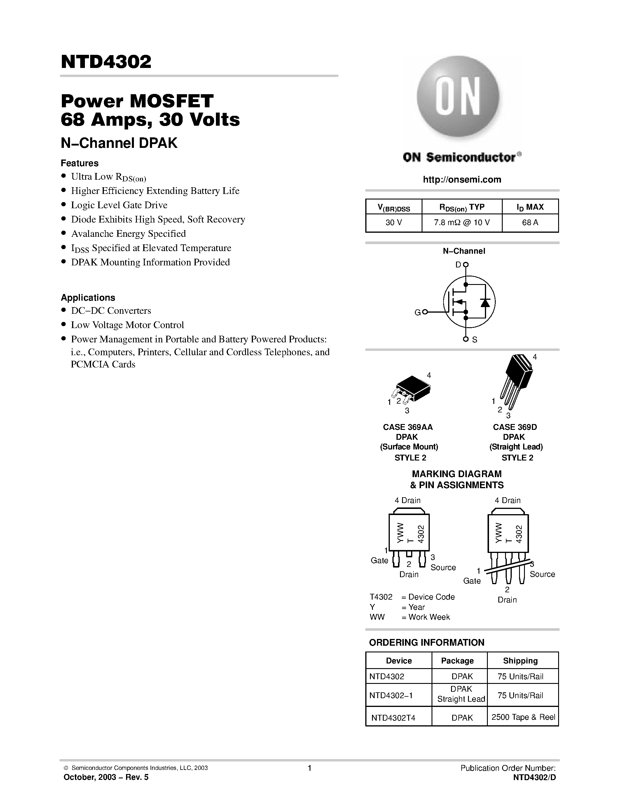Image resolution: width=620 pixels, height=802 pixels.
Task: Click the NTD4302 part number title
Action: pos(106,62)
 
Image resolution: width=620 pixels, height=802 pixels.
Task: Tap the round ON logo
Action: pos(458,97)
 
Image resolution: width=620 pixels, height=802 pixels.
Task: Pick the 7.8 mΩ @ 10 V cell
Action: pos(462,223)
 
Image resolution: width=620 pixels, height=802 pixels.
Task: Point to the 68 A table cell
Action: pos(530,223)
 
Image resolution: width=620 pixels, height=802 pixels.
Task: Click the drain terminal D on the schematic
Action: pos(465,265)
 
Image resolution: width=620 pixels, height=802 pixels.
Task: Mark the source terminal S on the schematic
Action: pos(466,339)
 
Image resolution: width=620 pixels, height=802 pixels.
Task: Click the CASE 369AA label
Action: pos(408,427)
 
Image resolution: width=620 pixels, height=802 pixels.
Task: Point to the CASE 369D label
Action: pos(515,427)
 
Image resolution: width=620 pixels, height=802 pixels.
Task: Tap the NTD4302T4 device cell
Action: pos(393,717)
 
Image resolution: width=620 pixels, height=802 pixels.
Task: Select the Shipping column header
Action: pos(520,661)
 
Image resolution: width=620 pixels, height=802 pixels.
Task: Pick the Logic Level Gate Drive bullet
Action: pos(119,205)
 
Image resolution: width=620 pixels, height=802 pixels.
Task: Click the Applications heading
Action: pos(88,297)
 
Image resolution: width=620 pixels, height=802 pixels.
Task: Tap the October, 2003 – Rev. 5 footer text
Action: pos(106,777)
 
